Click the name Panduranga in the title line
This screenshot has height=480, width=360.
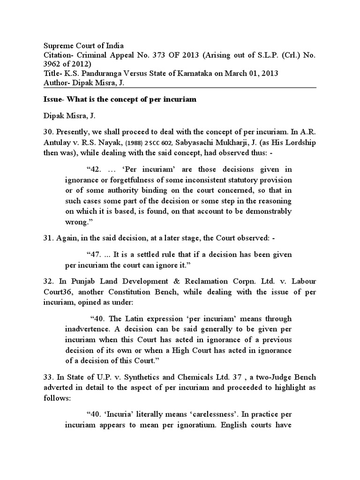point(99,73)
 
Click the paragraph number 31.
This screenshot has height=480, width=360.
point(49,239)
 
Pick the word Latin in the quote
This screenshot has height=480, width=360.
point(134,319)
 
